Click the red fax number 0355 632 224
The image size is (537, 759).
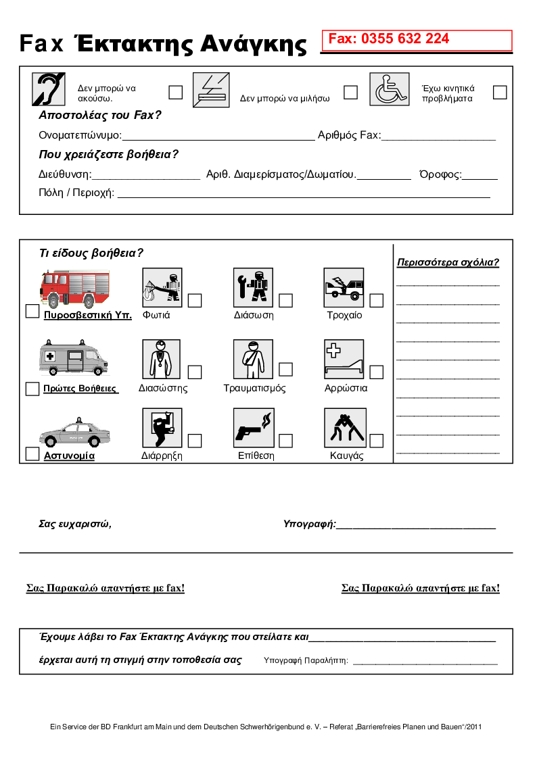click(x=389, y=39)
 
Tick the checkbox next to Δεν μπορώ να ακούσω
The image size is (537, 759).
click(x=175, y=92)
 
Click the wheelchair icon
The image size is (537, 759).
click(x=389, y=89)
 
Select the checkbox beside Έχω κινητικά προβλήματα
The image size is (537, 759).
click(x=500, y=93)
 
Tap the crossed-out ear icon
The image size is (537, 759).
click(x=49, y=89)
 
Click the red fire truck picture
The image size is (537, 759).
click(x=74, y=289)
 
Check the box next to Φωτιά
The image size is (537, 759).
click(x=195, y=300)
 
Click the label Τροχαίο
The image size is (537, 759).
click(x=344, y=315)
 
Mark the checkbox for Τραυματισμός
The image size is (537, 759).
click(x=285, y=369)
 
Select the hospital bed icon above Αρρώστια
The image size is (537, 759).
click(x=344, y=359)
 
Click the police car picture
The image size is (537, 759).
click(x=74, y=432)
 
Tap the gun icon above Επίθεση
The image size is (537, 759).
click(x=253, y=428)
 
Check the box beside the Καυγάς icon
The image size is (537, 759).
click(x=376, y=441)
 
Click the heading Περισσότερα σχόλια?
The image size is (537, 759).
click(x=448, y=263)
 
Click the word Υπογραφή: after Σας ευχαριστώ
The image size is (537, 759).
click(x=309, y=524)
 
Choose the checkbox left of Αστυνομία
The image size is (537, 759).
click(x=32, y=454)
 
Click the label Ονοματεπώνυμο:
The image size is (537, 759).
click(x=80, y=135)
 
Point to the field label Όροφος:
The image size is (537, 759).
click(x=440, y=174)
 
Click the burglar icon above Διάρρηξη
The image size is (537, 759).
click(x=162, y=428)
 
